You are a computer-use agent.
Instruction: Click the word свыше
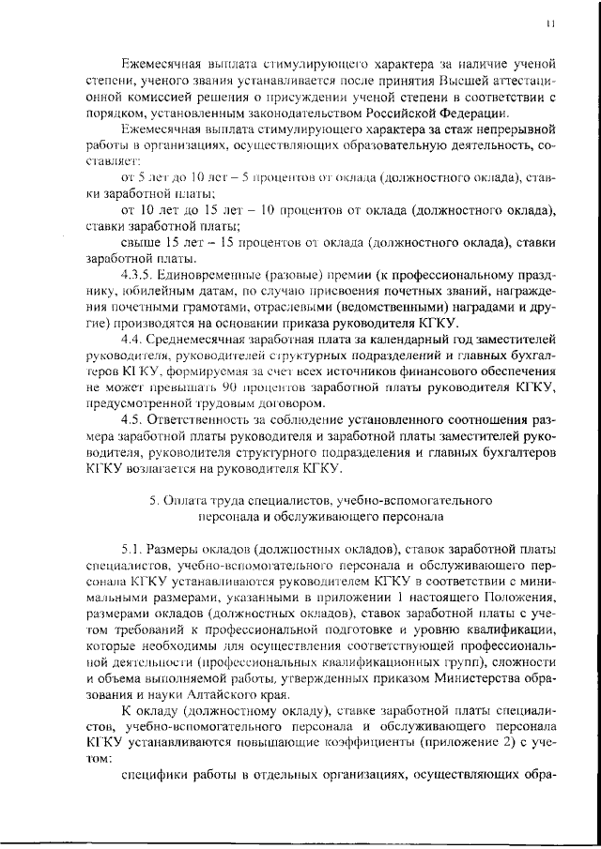(141, 242)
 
